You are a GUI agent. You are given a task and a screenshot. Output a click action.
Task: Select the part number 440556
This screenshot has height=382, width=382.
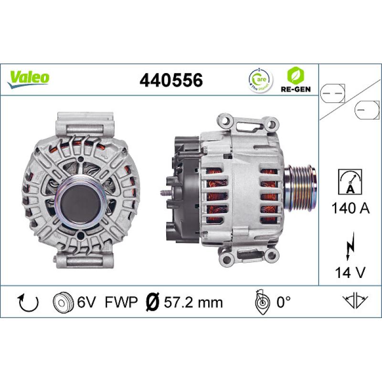pos(171,80)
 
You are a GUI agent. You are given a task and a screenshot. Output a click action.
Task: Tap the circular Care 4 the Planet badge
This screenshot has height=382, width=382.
pos(258,80)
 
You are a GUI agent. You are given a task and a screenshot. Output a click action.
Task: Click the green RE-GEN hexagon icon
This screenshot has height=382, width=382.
pos(293,76)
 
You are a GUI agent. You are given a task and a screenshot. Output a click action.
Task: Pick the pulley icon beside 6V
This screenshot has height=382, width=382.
pos(61,302)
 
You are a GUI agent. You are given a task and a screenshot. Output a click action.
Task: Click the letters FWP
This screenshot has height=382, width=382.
pos(121,302)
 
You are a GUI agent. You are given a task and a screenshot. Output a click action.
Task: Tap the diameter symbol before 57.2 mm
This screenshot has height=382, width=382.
pos(151,302)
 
